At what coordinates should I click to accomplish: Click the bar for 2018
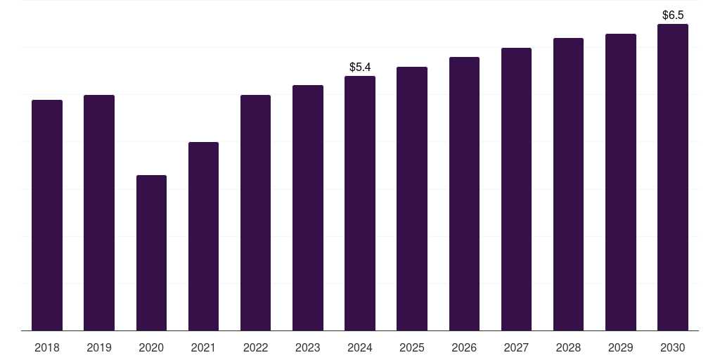[x=47, y=215]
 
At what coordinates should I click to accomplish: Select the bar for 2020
[x=151, y=253]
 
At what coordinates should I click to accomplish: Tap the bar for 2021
[x=203, y=236]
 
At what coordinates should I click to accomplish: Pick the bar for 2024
[x=360, y=203]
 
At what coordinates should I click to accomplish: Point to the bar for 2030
[x=673, y=177]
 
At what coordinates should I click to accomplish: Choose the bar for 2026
[x=464, y=194]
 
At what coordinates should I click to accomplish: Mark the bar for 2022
[x=255, y=212]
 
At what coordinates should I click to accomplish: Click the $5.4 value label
[x=360, y=67]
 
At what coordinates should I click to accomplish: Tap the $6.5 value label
[x=673, y=15]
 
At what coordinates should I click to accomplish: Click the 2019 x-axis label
[x=99, y=347]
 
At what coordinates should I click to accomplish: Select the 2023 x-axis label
[x=308, y=347]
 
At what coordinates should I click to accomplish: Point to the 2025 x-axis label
[x=412, y=347]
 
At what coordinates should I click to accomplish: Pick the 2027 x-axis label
[x=516, y=347]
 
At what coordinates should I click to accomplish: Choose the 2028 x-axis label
[x=568, y=347]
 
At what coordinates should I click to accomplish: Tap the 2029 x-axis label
[x=621, y=347]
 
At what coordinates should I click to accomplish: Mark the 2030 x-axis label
[x=673, y=347]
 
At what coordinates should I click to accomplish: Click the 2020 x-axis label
[x=151, y=347]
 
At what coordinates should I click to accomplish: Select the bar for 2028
[x=568, y=184]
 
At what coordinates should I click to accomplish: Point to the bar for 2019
[x=99, y=212]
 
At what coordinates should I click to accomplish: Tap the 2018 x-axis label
[x=47, y=347]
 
